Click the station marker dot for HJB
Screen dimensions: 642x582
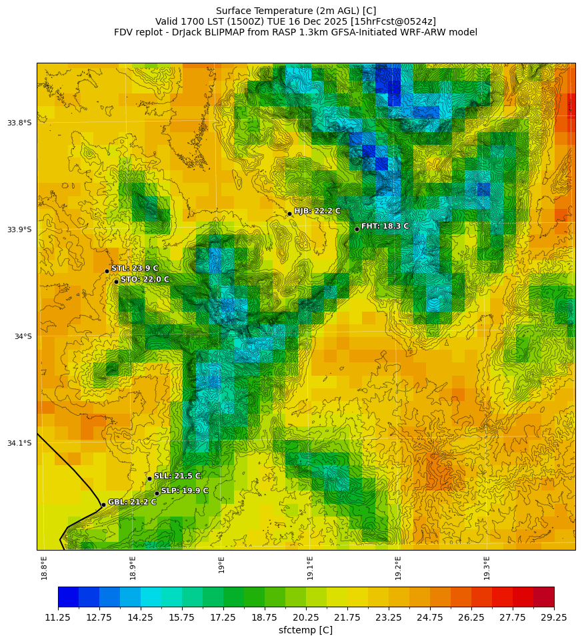(x=289, y=214)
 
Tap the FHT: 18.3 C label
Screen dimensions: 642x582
(x=385, y=226)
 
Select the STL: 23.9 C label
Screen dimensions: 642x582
(x=135, y=268)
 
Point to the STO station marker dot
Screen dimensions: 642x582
(x=116, y=282)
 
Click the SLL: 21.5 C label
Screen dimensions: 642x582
(x=177, y=476)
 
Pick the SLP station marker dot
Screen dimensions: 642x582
(x=157, y=493)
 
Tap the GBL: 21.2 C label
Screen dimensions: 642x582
(x=132, y=502)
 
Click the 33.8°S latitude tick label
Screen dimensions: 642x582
(x=19, y=123)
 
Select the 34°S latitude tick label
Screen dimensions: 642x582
(x=23, y=336)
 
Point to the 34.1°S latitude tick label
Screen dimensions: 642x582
(x=19, y=443)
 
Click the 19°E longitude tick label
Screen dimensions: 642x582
(x=221, y=565)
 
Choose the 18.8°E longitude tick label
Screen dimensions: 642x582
(x=44, y=567)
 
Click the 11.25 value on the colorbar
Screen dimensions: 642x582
(x=58, y=617)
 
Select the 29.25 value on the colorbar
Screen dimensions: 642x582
(x=554, y=617)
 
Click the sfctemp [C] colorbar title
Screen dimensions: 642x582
(x=305, y=630)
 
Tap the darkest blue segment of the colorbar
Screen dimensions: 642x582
(x=68, y=597)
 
